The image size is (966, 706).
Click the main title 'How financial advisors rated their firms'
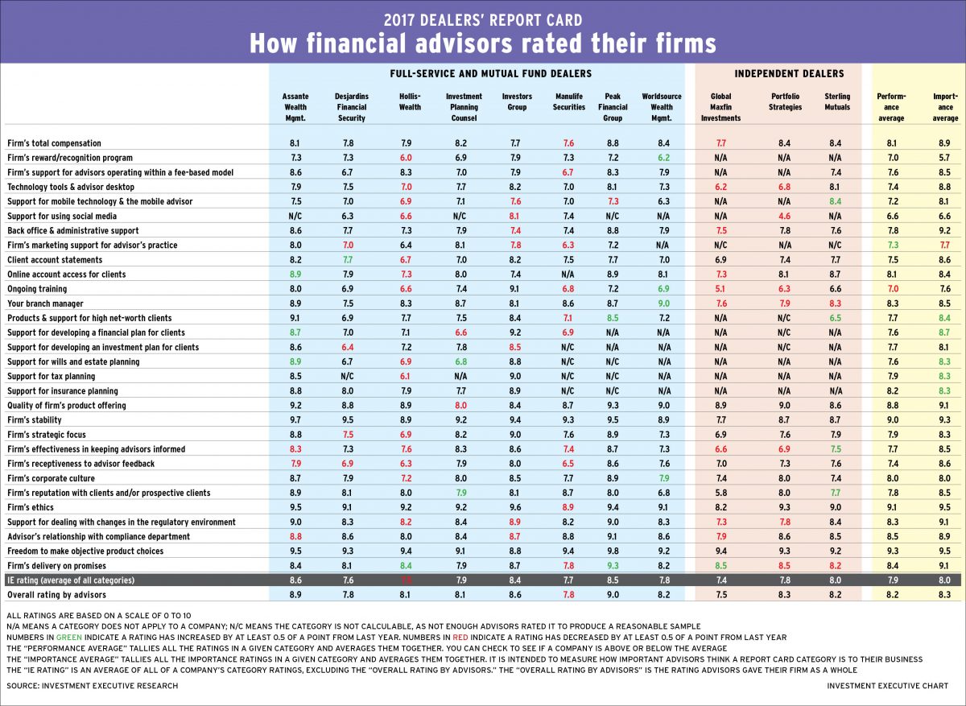pyautogui.click(x=483, y=42)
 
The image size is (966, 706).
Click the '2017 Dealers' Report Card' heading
pyautogui.click(x=483, y=18)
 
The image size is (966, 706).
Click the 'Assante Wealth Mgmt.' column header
pyautogui.click(x=295, y=107)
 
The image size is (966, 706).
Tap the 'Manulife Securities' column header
pyautogui.click(x=569, y=101)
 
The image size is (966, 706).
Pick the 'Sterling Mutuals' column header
pyautogui.click(x=837, y=101)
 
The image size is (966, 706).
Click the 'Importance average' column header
pyautogui.click(x=945, y=107)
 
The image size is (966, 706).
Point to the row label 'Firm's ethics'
pyautogui.click(x=30, y=507)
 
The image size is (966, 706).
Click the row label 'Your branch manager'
pyautogui.click(x=43, y=303)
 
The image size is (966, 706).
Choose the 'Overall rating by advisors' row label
pyautogui.click(x=56, y=594)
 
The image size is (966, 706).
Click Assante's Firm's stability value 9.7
pyautogui.click(x=295, y=420)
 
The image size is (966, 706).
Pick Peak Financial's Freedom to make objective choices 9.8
pyautogui.click(x=612, y=551)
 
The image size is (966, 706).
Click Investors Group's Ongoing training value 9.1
pyautogui.click(x=517, y=289)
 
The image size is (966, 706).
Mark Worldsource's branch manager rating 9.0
pyautogui.click(x=662, y=303)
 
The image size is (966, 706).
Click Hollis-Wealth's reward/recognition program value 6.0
pyautogui.click(x=410, y=158)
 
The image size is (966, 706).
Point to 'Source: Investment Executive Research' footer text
pyautogui.click(x=92, y=685)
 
